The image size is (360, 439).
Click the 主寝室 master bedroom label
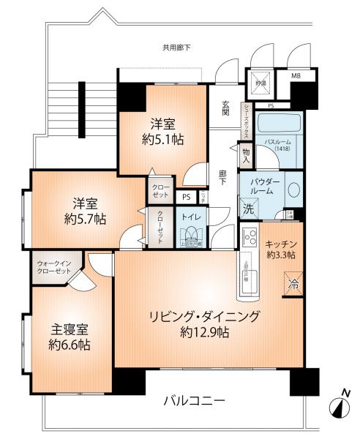click(x=68, y=328)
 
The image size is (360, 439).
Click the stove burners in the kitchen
click(x=247, y=239)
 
